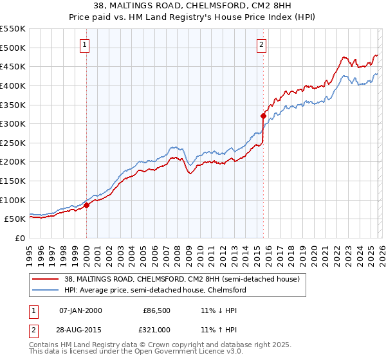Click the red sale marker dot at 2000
[x=86, y=205]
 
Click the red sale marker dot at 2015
[x=263, y=116]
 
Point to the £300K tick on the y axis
[x=13, y=123]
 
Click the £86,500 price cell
[x=156, y=310]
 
